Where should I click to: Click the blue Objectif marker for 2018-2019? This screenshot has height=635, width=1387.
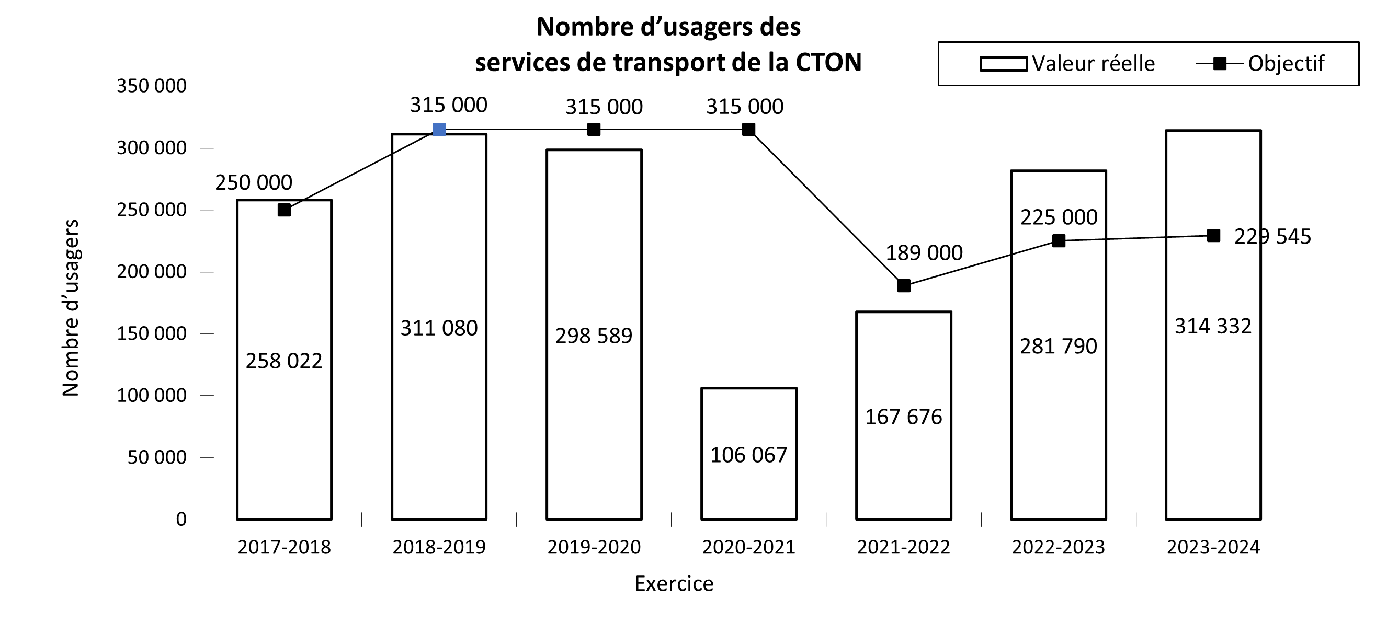(x=439, y=130)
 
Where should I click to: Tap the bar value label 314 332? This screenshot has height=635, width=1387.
(x=1212, y=326)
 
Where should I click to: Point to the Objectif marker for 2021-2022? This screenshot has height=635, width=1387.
(x=904, y=286)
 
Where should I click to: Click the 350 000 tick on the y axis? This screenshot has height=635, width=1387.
(x=151, y=86)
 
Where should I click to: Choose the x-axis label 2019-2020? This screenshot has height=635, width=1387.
(x=594, y=547)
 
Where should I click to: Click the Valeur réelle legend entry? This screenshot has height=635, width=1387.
(x=1066, y=64)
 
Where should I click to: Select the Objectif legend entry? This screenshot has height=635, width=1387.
(x=1260, y=64)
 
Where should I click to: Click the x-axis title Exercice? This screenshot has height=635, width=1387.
(x=674, y=584)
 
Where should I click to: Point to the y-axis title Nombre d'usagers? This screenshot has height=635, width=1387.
(x=71, y=308)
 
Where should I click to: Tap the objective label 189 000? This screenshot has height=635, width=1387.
(x=924, y=253)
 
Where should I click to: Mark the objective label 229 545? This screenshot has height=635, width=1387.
(x=1272, y=237)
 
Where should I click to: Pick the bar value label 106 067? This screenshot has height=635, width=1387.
(x=748, y=455)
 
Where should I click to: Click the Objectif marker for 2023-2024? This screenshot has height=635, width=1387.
(x=1213, y=236)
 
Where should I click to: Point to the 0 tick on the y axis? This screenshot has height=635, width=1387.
(x=181, y=519)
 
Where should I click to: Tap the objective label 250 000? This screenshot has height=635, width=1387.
(x=254, y=183)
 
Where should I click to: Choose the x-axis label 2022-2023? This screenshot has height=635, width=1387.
(x=1058, y=547)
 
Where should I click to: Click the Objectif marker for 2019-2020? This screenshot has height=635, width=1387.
(x=594, y=130)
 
